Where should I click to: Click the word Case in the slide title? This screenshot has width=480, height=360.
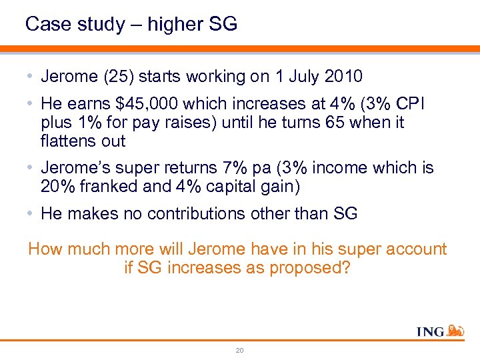tap(45, 25)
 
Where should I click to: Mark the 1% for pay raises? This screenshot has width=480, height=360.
tap(91, 123)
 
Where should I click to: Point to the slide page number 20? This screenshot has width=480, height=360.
tap(240, 349)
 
